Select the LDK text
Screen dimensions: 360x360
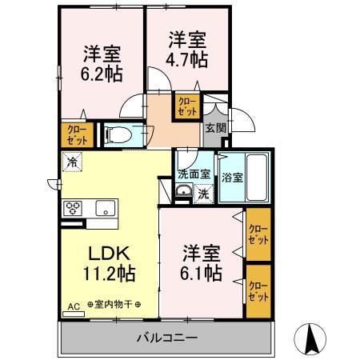(103, 254)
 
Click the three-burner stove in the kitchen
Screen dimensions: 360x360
(74, 210)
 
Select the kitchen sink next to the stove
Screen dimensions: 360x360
(104, 209)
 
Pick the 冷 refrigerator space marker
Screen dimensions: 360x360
(74, 162)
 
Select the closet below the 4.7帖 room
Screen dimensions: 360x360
(187, 106)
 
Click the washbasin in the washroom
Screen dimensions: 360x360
(183, 190)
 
